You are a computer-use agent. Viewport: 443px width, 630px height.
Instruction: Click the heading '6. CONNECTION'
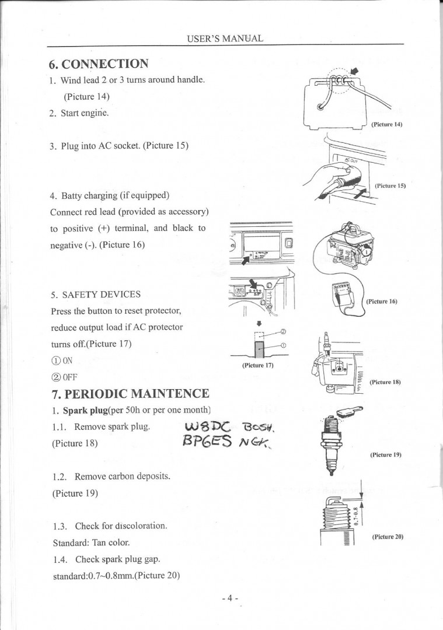[x=99, y=64]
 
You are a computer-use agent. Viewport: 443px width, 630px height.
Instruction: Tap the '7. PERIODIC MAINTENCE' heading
[x=130, y=394]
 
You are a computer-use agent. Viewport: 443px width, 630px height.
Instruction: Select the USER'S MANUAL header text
[x=225, y=39]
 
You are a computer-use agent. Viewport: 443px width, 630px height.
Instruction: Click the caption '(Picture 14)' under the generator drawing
[x=386, y=124]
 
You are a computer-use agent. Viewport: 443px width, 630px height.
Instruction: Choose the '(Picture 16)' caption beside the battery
[x=382, y=302]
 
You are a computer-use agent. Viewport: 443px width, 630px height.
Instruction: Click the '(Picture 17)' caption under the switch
[x=257, y=366]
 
